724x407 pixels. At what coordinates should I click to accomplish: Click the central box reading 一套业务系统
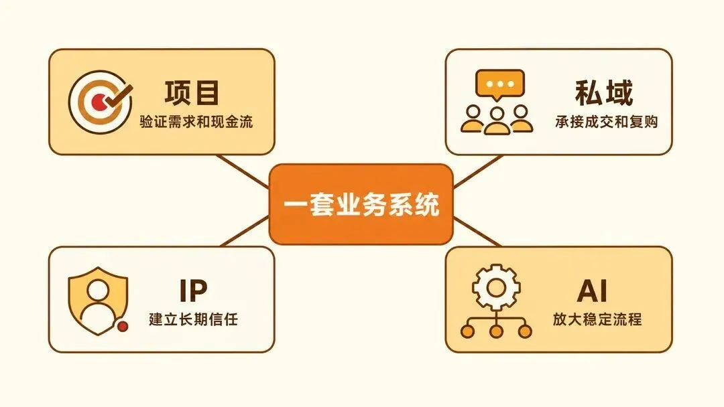(x=361, y=204)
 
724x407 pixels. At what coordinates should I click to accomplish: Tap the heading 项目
(x=192, y=92)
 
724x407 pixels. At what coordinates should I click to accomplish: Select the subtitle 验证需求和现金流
(x=196, y=122)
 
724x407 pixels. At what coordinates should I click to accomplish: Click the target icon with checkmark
(x=101, y=102)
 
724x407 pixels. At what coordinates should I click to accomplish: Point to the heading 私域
(x=604, y=92)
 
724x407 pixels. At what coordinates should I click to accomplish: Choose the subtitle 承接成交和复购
(x=606, y=122)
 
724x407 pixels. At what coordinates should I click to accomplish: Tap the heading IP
(x=193, y=290)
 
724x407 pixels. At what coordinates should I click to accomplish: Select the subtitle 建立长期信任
(x=193, y=319)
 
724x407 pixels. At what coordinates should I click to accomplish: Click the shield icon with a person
(x=98, y=301)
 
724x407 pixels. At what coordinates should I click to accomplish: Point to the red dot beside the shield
(x=123, y=327)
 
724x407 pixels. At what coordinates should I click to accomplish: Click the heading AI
(x=593, y=290)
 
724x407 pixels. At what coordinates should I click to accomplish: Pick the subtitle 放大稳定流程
(x=597, y=319)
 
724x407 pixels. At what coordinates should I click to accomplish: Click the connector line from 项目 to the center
(x=243, y=171)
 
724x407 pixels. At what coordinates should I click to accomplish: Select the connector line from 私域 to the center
(x=478, y=171)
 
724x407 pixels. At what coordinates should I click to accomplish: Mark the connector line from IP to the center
(x=245, y=232)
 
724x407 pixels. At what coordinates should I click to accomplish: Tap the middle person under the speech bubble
(x=497, y=120)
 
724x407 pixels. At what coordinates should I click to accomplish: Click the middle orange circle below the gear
(x=496, y=331)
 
